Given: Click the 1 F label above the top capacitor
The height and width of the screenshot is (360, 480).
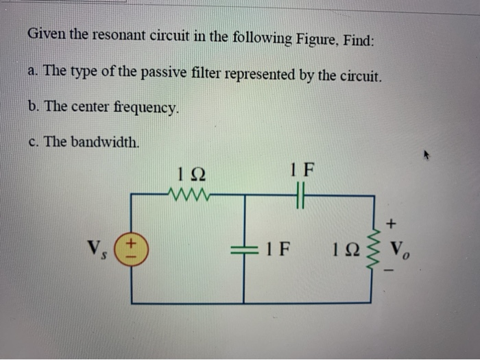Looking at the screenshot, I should (302, 167).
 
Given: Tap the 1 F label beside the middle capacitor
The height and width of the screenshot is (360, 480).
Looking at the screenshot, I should (278, 248).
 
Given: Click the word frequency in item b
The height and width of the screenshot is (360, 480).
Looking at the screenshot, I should (146, 108).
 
